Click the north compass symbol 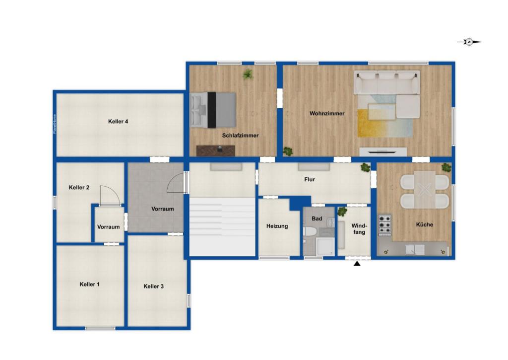click(x=469, y=42)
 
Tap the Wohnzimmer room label click(x=327, y=114)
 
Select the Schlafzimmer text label click(x=240, y=136)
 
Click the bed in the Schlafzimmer click(x=213, y=110)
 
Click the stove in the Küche click(x=384, y=224)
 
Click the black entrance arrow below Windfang click(x=357, y=264)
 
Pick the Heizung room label click(x=277, y=226)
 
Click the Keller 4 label click(x=119, y=122)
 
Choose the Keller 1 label click(x=90, y=285)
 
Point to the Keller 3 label click(x=153, y=287)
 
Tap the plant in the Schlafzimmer click(x=248, y=74)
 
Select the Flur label click(x=310, y=180)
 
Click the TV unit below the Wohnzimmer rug click(x=383, y=151)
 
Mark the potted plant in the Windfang click(x=342, y=212)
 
